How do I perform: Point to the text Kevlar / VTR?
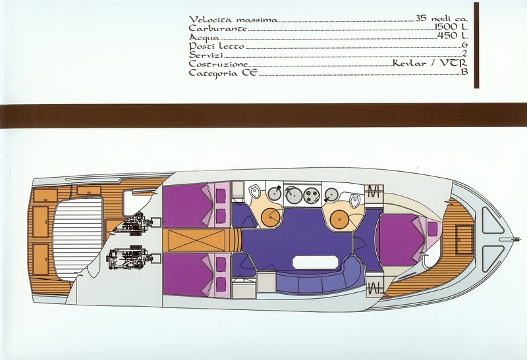430,63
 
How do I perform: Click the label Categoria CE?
223,72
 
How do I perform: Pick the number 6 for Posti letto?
466,45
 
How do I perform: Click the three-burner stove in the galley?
312,195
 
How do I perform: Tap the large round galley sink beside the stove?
293,195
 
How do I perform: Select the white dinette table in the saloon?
315,262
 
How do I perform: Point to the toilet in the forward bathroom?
354,201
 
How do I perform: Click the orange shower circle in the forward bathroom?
339,219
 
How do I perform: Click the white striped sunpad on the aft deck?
77,239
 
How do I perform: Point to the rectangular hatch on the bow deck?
464,239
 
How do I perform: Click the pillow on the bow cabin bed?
432,229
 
